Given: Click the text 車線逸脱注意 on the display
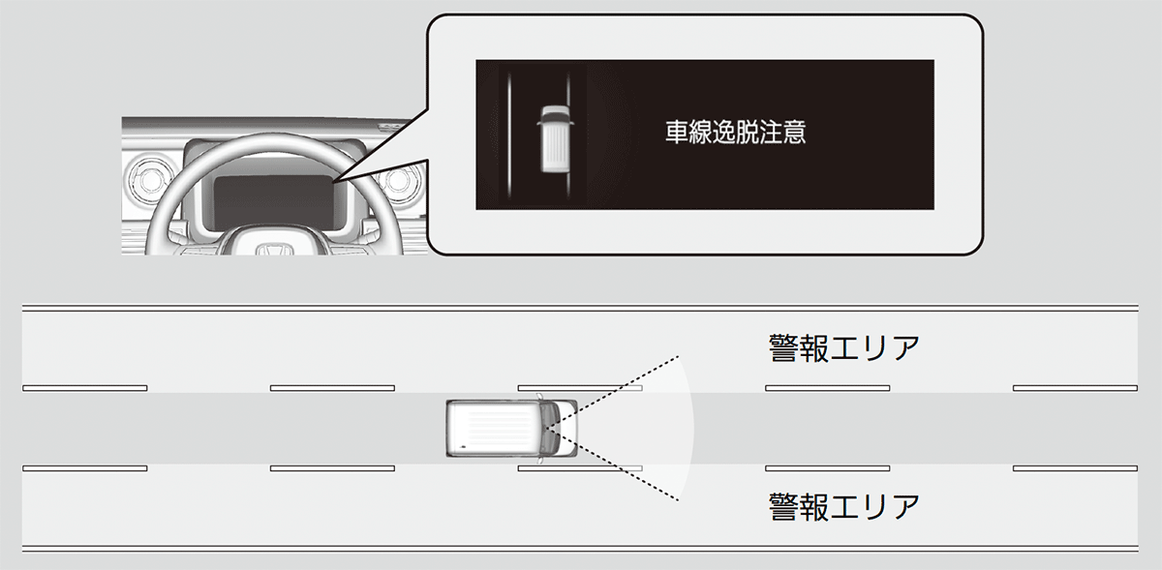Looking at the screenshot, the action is point(736,133).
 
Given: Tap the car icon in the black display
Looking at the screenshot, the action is point(555,139).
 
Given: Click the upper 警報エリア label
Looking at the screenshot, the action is point(844,348).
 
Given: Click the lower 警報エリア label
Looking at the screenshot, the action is point(844,507).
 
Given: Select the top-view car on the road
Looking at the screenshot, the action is point(511,429).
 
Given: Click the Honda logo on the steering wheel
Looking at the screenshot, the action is point(274,250).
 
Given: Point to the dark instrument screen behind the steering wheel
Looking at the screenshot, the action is point(273,202).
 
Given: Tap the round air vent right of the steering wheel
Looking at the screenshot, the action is point(399,180).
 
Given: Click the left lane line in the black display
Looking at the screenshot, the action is point(509,135).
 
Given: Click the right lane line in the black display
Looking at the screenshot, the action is point(568,135).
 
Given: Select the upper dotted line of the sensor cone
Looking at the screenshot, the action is point(612,392).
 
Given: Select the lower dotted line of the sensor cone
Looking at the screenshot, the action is point(612,465).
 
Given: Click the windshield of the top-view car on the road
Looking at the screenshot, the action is point(549,429).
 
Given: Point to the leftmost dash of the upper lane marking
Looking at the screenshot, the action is point(85,388).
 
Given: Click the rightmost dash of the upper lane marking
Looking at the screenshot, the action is point(1076,388).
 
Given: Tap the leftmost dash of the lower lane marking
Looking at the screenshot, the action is point(85,468).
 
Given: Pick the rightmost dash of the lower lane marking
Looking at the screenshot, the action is point(1076,468).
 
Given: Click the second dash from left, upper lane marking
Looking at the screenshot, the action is point(332,388).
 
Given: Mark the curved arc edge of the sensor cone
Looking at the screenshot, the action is point(693,429).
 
